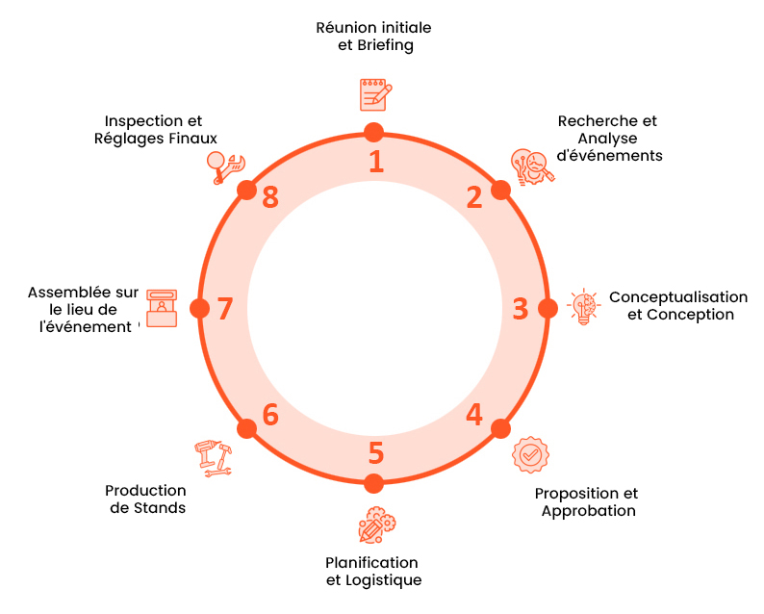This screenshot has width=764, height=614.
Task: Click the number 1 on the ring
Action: click(376, 161)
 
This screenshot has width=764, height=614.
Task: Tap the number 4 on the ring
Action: click(474, 415)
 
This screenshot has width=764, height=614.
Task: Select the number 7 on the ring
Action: click(225, 309)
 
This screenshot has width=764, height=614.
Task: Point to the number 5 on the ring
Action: click(375, 452)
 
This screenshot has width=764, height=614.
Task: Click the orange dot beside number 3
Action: click(548, 308)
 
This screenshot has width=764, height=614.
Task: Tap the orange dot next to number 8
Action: click(247, 189)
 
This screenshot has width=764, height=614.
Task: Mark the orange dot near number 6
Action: click(246, 429)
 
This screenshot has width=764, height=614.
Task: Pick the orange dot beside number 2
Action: click(500, 189)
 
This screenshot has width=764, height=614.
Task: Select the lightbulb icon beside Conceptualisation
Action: click(583, 307)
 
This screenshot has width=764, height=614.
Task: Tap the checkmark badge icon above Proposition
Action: click(530, 454)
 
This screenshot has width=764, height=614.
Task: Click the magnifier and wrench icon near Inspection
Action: click(226, 167)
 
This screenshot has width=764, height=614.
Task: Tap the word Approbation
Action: click(588, 511)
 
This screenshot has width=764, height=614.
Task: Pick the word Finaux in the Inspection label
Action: click(196, 139)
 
